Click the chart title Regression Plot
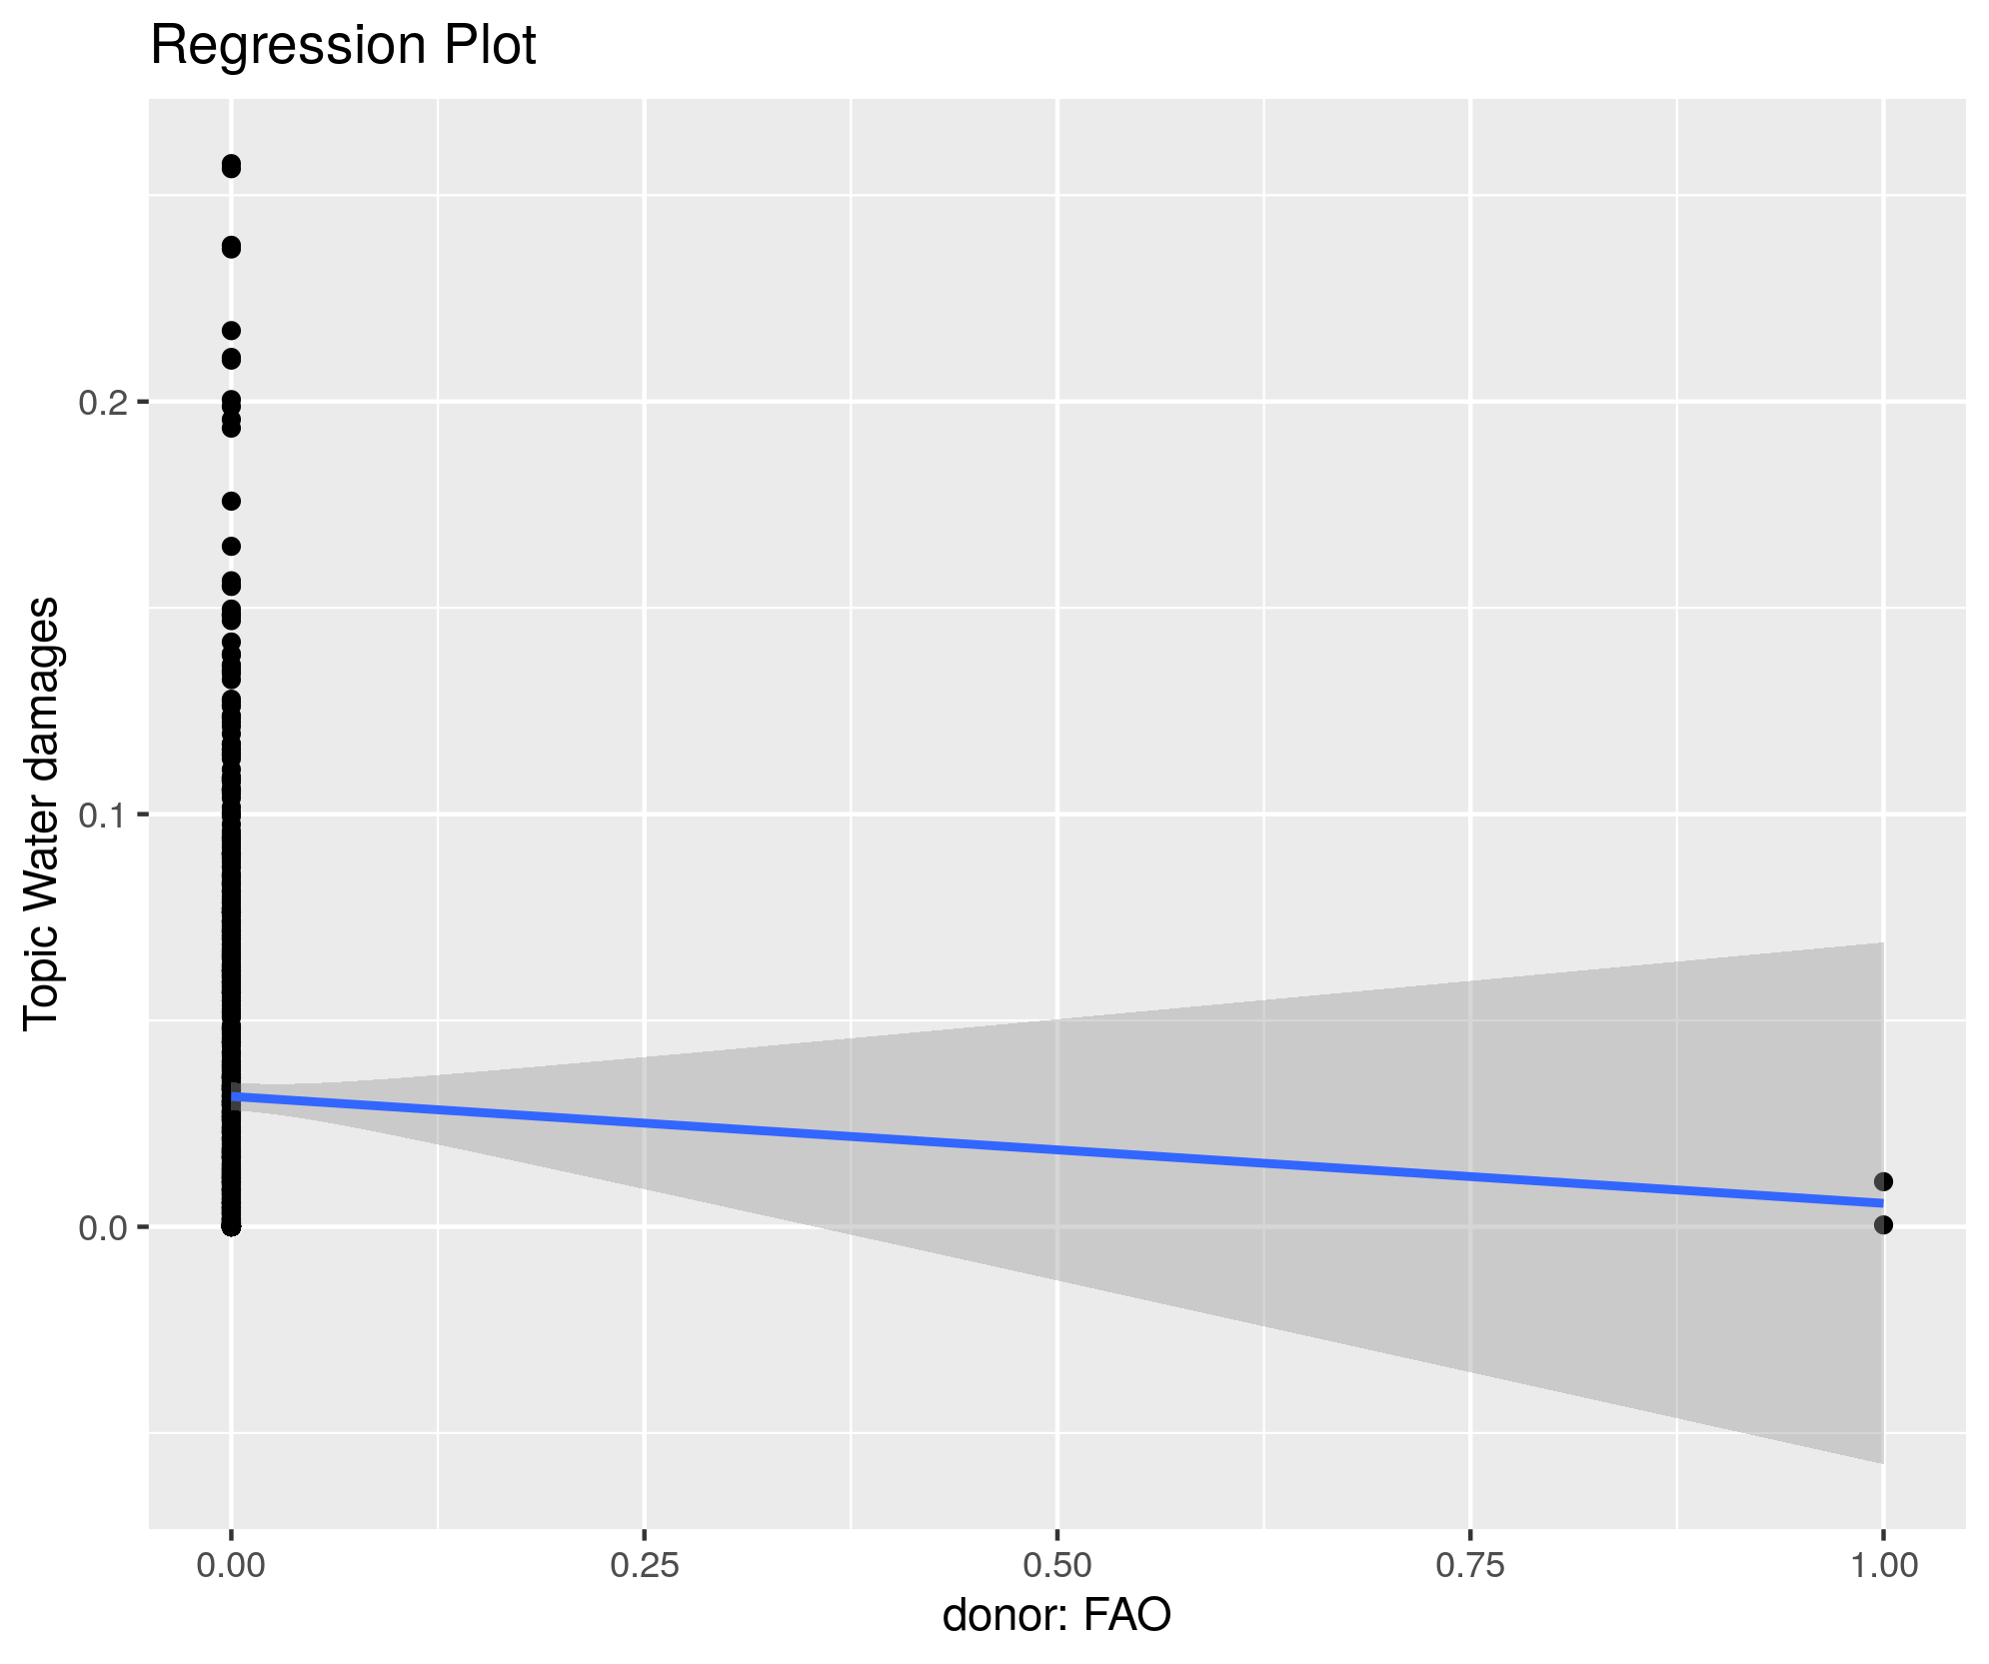343,46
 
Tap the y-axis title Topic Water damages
42,812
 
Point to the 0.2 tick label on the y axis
103,402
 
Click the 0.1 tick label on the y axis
103,815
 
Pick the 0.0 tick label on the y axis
103,1227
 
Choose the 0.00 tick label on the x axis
231,1565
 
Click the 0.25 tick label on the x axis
645,1565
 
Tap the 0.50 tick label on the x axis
1057,1565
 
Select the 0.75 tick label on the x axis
1470,1565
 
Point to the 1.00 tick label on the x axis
1883,1565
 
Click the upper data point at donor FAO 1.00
1883,1182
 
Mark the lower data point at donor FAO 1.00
1883,1225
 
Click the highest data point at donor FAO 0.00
231,165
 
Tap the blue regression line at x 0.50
1057,1149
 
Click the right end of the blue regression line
1881,1202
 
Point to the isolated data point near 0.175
231,501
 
